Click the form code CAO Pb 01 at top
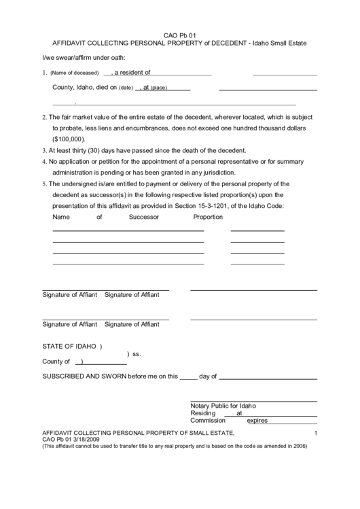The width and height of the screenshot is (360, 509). (x=180, y=35)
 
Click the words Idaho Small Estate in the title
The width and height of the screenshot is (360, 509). (x=280, y=43)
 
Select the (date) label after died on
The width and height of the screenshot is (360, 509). (x=126, y=88)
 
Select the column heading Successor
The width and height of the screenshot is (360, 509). (x=143, y=217)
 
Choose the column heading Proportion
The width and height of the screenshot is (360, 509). (x=208, y=217)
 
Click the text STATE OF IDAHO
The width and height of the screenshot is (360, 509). (x=69, y=347)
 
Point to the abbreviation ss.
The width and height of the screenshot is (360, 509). (x=137, y=354)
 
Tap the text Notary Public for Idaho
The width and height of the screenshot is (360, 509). (x=223, y=406)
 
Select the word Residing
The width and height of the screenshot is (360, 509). (x=203, y=413)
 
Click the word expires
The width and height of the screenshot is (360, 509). (x=257, y=421)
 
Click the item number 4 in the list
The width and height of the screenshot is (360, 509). (x=44, y=162)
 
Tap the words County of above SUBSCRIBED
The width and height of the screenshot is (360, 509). (x=56, y=362)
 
